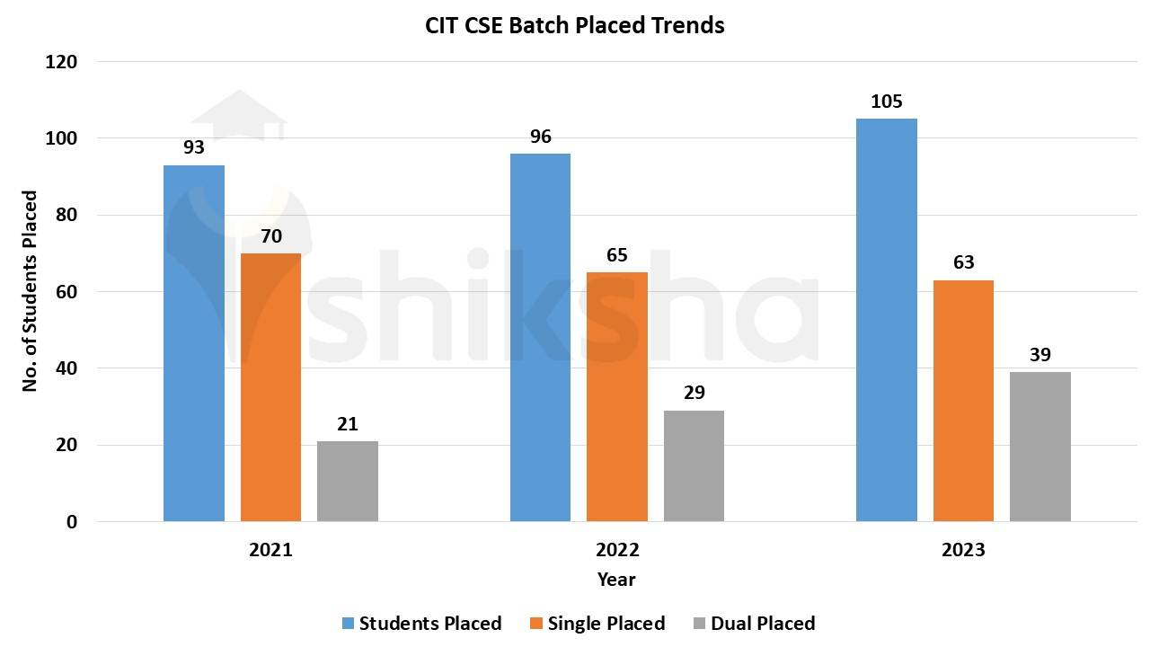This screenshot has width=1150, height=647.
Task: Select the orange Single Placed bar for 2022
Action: [616, 396]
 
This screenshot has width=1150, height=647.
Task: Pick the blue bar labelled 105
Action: [886, 320]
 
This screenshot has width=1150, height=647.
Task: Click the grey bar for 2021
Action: [348, 481]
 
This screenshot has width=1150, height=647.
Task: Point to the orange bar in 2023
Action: [963, 401]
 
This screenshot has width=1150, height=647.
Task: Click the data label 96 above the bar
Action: [540, 137]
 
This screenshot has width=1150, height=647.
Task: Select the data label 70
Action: [271, 237]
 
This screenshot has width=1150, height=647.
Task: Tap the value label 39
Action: [1039, 355]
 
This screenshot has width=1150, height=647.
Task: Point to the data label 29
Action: [694, 393]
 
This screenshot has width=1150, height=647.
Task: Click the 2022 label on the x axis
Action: [617, 550]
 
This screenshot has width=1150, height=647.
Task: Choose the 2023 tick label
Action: [963, 550]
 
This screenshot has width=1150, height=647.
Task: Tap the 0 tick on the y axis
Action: [72, 522]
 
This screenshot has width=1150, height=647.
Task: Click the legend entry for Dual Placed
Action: [762, 623]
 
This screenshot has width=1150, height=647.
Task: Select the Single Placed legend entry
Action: [606, 623]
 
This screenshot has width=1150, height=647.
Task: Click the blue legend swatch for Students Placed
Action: [349, 623]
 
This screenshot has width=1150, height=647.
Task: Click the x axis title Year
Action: [616, 580]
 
